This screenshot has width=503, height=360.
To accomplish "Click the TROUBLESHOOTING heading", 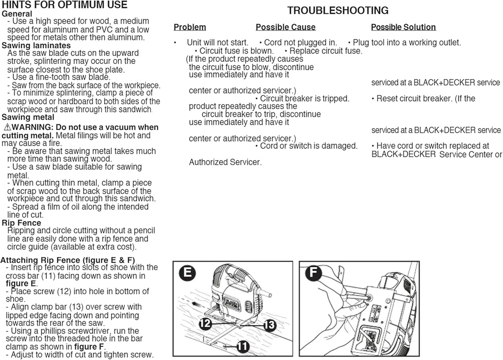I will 337,10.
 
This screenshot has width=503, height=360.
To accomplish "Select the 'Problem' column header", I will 190,28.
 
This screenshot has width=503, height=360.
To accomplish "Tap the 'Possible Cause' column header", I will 285,28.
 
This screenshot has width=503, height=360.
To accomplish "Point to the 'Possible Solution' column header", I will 403,28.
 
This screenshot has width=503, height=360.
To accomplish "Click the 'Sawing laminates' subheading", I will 36,46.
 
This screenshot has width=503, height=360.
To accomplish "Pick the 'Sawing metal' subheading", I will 28,117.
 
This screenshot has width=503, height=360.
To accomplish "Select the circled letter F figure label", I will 312,273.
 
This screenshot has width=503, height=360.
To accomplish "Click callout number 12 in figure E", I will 205,323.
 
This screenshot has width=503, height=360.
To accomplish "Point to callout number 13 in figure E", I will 269,325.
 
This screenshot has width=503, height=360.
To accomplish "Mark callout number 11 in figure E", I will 241,347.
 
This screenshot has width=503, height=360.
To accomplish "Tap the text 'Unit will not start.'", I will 217,43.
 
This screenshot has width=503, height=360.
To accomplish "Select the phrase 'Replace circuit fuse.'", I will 326,51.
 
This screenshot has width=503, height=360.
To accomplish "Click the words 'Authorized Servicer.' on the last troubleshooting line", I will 225,162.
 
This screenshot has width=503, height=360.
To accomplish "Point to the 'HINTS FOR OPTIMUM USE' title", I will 64,5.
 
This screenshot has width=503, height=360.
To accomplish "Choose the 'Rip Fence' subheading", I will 21,223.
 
